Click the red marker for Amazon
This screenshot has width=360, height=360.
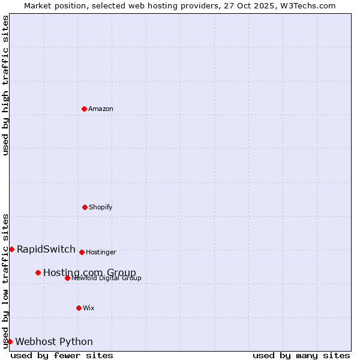(84, 109)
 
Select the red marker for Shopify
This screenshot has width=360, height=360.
(85, 207)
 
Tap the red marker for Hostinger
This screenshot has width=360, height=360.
(82, 252)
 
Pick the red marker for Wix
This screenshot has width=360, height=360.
(79, 308)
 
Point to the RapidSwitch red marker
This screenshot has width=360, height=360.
(11, 249)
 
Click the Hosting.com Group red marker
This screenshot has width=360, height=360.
(38, 272)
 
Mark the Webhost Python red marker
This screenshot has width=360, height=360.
(10, 341)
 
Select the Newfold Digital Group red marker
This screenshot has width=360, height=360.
(67, 278)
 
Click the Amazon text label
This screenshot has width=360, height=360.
(101, 109)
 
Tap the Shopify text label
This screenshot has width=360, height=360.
(101, 207)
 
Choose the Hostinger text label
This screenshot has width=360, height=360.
(101, 252)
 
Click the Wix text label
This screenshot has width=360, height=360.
(89, 308)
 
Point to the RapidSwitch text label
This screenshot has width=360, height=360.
(46, 249)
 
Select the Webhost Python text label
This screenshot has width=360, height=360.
(54, 341)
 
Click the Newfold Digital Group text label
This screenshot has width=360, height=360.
(107, 278)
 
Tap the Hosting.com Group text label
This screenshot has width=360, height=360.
(89, 272)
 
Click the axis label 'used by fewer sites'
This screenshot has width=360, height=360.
(62, 355)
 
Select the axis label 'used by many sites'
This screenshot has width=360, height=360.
(301, 355)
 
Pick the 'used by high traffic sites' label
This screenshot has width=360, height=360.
(5, 85)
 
